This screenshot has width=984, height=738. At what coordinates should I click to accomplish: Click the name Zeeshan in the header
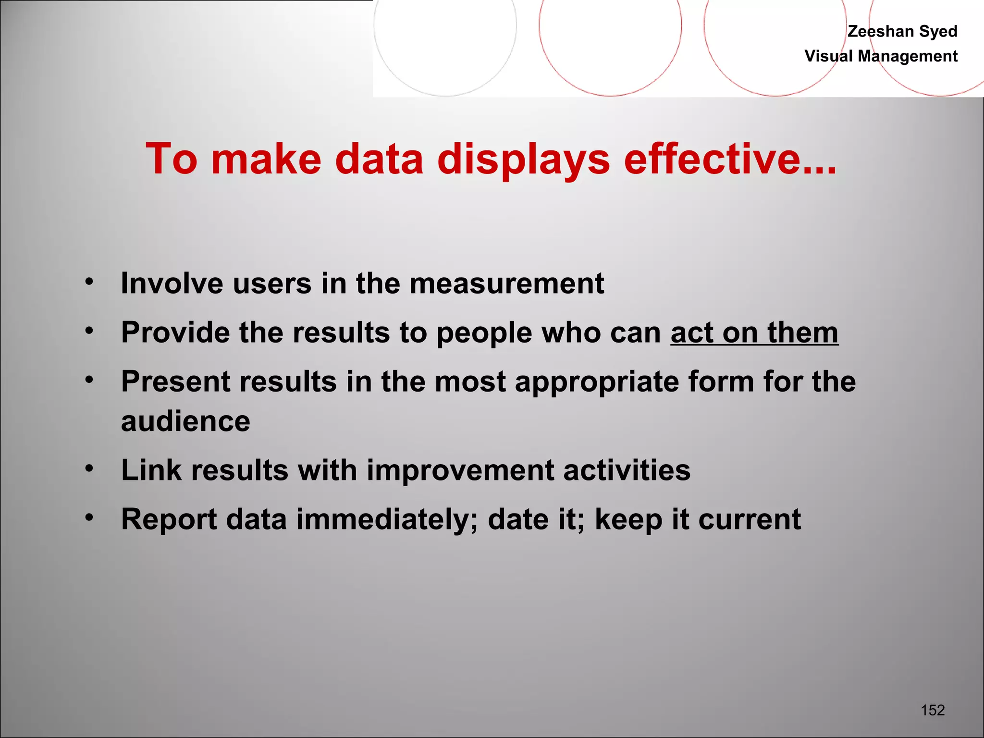[x=881, y=31]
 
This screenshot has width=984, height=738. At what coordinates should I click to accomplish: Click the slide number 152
[x=933, y=710]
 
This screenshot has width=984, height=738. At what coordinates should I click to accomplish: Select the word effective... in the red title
[x=730, y=159]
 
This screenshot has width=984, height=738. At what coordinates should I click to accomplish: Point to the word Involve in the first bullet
[x=172, y=283]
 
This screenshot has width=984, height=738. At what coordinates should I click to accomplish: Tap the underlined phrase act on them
[x=754, y=332]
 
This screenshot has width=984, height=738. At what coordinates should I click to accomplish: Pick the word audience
[x=185, y=421]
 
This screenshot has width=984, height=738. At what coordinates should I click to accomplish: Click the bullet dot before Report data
[x=89, y=517]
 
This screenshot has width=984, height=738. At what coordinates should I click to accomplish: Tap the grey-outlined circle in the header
[x=445, y=48]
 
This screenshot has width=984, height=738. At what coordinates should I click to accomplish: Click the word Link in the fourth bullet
[x=151, y=470]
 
